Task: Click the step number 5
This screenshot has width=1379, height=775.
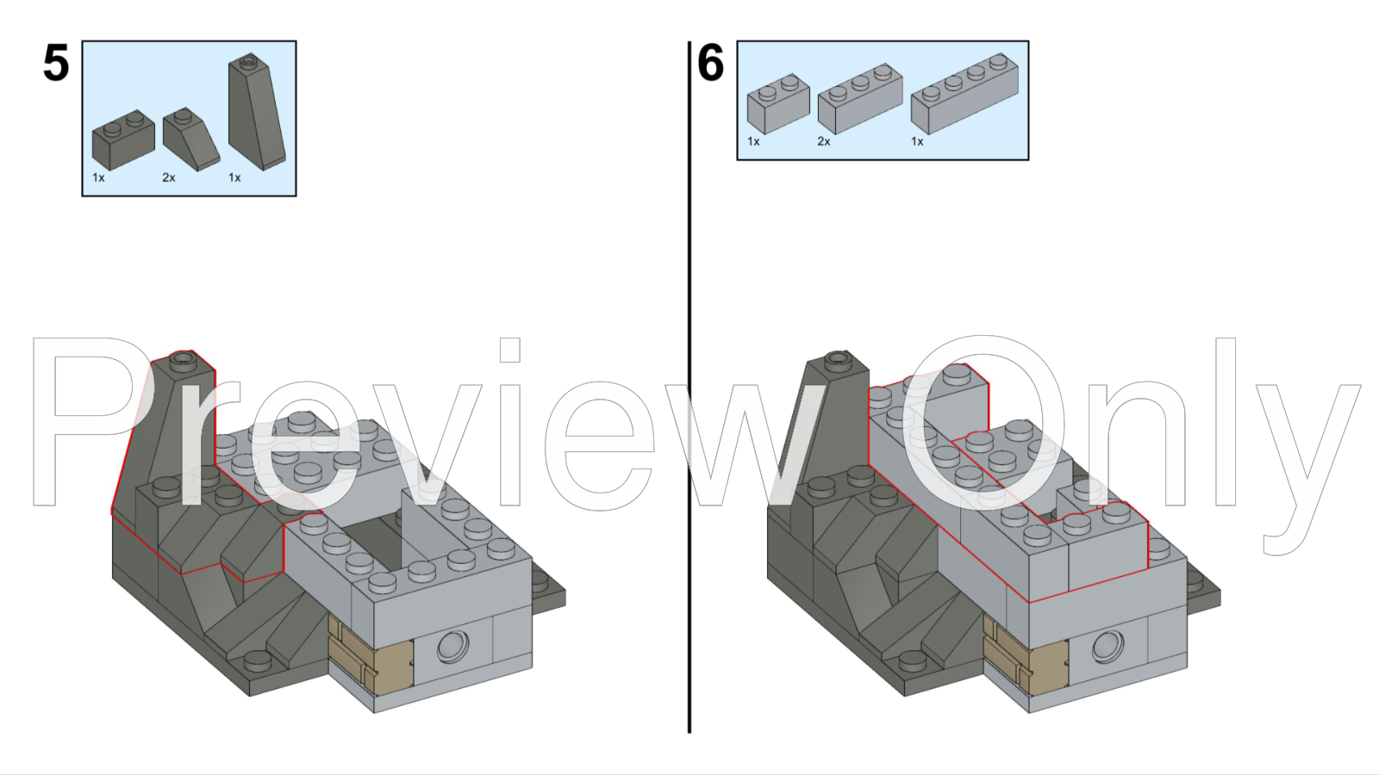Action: (x=56, y=64)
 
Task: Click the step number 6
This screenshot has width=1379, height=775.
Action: (x=710, y=64)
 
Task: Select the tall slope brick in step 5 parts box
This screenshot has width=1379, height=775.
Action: (x=257, y=112)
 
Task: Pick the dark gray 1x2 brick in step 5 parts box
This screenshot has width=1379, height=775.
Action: (x=123, y=139)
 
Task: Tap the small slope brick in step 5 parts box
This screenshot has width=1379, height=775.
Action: (x=191, y=139)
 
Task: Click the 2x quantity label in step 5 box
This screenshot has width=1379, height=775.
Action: (x=169, y=177)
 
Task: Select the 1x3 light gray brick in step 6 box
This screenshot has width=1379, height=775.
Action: (x=860, y=98)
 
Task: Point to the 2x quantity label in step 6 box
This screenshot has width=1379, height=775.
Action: (x=824, y=142)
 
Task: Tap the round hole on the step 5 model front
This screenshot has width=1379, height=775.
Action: (x=453, y=647)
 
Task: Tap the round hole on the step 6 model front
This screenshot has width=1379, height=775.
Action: (x=1108, y=647)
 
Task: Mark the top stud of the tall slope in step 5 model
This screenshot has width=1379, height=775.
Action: (x=182, y=358)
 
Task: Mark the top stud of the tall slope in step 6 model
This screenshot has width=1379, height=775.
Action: (x=837, y=358)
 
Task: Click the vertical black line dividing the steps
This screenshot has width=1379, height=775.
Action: (x=689, y=387)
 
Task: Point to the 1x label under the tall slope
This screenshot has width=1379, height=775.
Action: (x=234, y=177)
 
